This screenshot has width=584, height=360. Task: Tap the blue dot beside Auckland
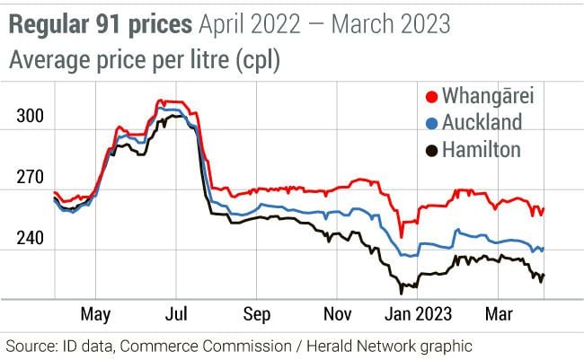(x=430, y=123)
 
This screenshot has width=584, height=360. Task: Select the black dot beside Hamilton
(x=430, y=149)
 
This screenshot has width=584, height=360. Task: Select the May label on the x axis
(x=95, y=314)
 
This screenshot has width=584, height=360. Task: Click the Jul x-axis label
(x=177, y=314)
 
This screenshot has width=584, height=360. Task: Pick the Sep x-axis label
(x=257, y=314)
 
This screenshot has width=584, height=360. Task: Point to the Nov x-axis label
(x=336, y=314)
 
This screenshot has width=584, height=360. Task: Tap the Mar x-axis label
(x=499, y=314)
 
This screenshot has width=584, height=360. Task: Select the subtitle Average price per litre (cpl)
(x=145, y=61)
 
